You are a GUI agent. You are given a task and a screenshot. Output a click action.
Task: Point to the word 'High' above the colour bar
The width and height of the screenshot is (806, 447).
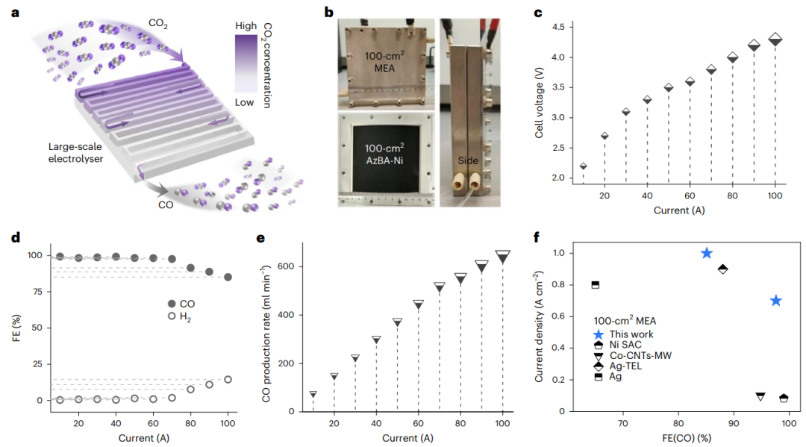click(x=246, y=25)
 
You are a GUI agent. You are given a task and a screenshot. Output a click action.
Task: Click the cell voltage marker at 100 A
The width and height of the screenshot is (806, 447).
click(x=775, y=39)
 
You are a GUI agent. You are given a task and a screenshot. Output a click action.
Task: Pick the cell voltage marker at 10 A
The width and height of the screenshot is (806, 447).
click(x=583, y=166)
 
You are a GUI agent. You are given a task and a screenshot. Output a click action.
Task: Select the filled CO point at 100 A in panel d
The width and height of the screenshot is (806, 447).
click(x=228, y=277)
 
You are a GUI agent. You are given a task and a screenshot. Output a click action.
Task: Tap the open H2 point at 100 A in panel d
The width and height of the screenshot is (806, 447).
click(x=228, y=379)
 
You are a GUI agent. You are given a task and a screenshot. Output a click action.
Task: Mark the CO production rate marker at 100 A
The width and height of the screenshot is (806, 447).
click(x=503, y=257)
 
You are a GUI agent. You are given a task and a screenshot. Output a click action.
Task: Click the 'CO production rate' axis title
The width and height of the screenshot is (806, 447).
click(x=267, y=326)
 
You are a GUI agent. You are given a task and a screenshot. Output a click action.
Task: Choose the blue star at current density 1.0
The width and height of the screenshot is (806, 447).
click(x=707, y=254)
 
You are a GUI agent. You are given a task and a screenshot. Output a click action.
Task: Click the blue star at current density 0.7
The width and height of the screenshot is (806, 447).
click(x=775, y=301)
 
